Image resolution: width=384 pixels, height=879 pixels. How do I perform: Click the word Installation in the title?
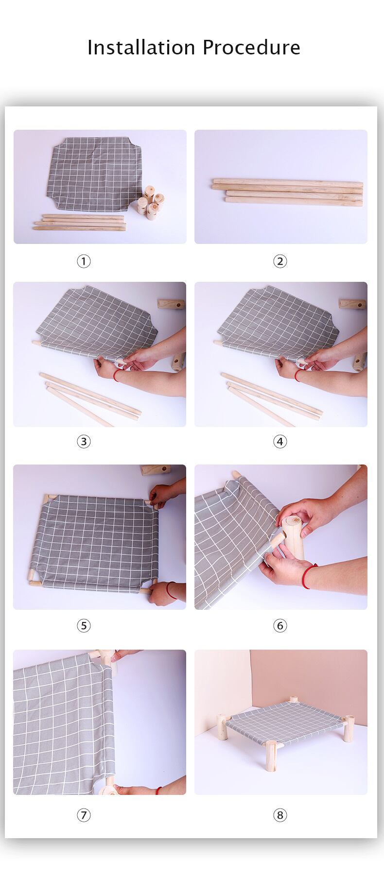pyautogui.click(x=141, y=47)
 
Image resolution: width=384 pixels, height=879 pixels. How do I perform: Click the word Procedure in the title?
pyautogui.click(x=251, y=47)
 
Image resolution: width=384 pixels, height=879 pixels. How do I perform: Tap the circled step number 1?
pyautogui.click(x=84, y=261)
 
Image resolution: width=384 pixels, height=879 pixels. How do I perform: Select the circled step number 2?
pyautogui.click(x=280, y=261)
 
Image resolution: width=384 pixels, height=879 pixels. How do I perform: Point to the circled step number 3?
pyautogui.click(x=84, y=442)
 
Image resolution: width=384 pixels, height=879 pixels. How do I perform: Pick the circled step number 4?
pyautogui.click(x=280, y=442)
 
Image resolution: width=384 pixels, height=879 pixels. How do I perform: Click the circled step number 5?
pyautogui.click(x=84, y=625)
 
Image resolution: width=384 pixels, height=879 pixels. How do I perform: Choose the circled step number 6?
pyautogui.click(x=280, y=625)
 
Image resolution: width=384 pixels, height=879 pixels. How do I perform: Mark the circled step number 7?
pyautogui.click(x=84, y=815)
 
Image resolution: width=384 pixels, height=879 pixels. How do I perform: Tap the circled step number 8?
pyautogui.click(x=280, y=815)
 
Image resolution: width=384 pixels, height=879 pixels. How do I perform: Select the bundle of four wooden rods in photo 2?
pyautogui.click(x=287, y=192)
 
